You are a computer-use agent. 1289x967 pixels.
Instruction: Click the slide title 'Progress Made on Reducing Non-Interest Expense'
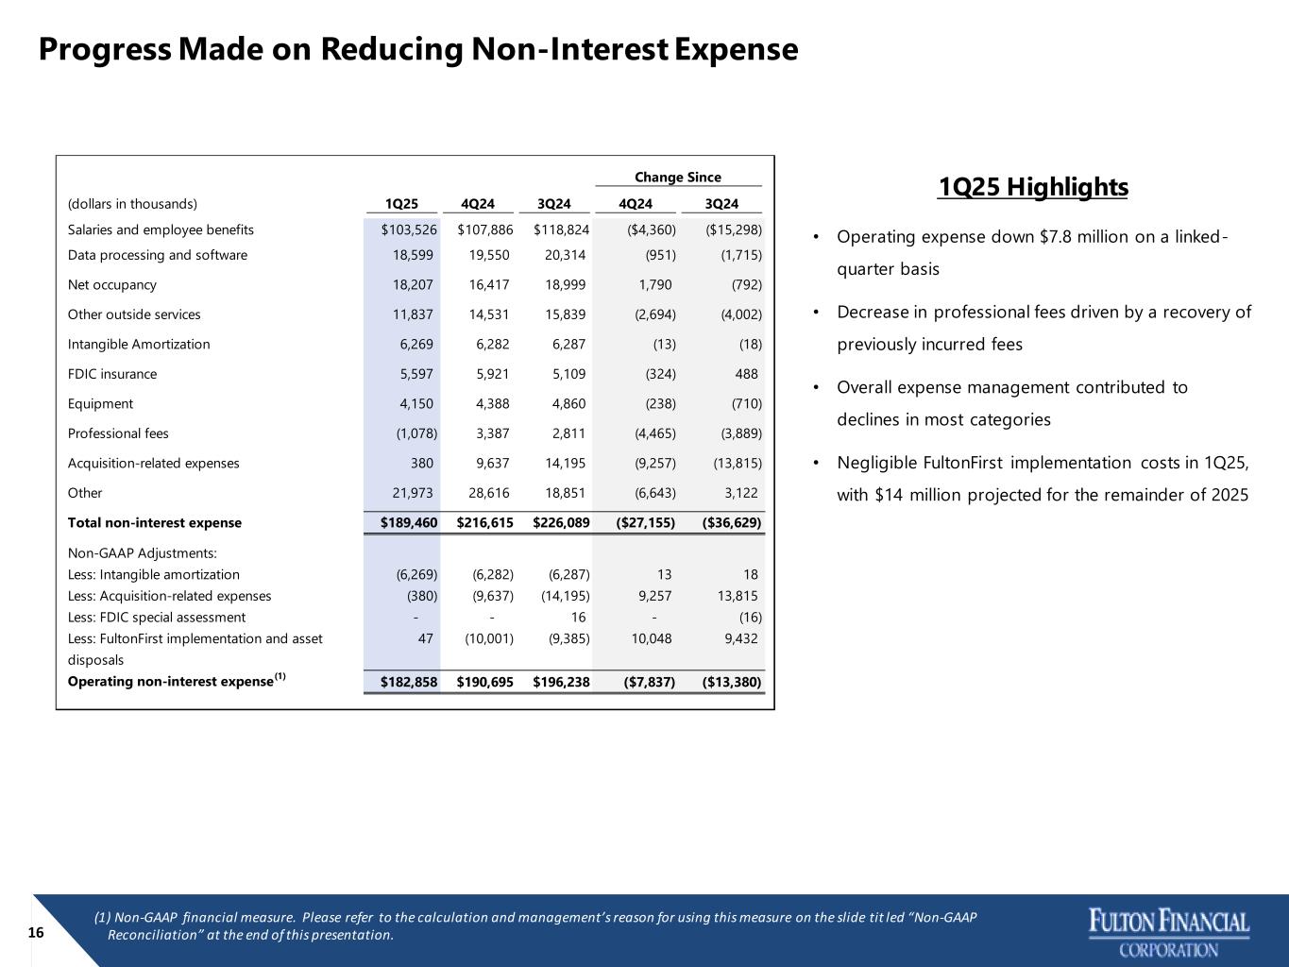(x=418, y=49)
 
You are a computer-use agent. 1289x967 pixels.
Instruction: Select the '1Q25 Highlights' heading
(x=1033, y=187)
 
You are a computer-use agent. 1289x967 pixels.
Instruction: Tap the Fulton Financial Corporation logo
(x=1169, y=932)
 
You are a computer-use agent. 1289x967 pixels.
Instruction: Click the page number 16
(x=36, y=933)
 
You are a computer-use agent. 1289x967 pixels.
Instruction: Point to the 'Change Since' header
(x=677, y=178)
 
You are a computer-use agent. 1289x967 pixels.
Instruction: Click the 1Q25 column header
(x=401, y=203)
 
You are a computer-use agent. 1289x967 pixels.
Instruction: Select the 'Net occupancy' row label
(x=112, y=284)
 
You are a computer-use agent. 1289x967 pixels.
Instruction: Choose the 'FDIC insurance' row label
(x=112, y=374)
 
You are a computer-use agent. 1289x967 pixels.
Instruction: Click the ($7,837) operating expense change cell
(x=641, y=682)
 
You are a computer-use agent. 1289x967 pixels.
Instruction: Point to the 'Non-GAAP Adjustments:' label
(x=143, y=552)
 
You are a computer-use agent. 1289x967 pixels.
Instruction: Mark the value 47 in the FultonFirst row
(x=425, y=638)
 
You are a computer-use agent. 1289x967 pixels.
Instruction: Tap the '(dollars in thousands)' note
(x=132, y=203)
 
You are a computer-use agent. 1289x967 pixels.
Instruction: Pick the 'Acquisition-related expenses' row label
(x=154, y=463)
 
